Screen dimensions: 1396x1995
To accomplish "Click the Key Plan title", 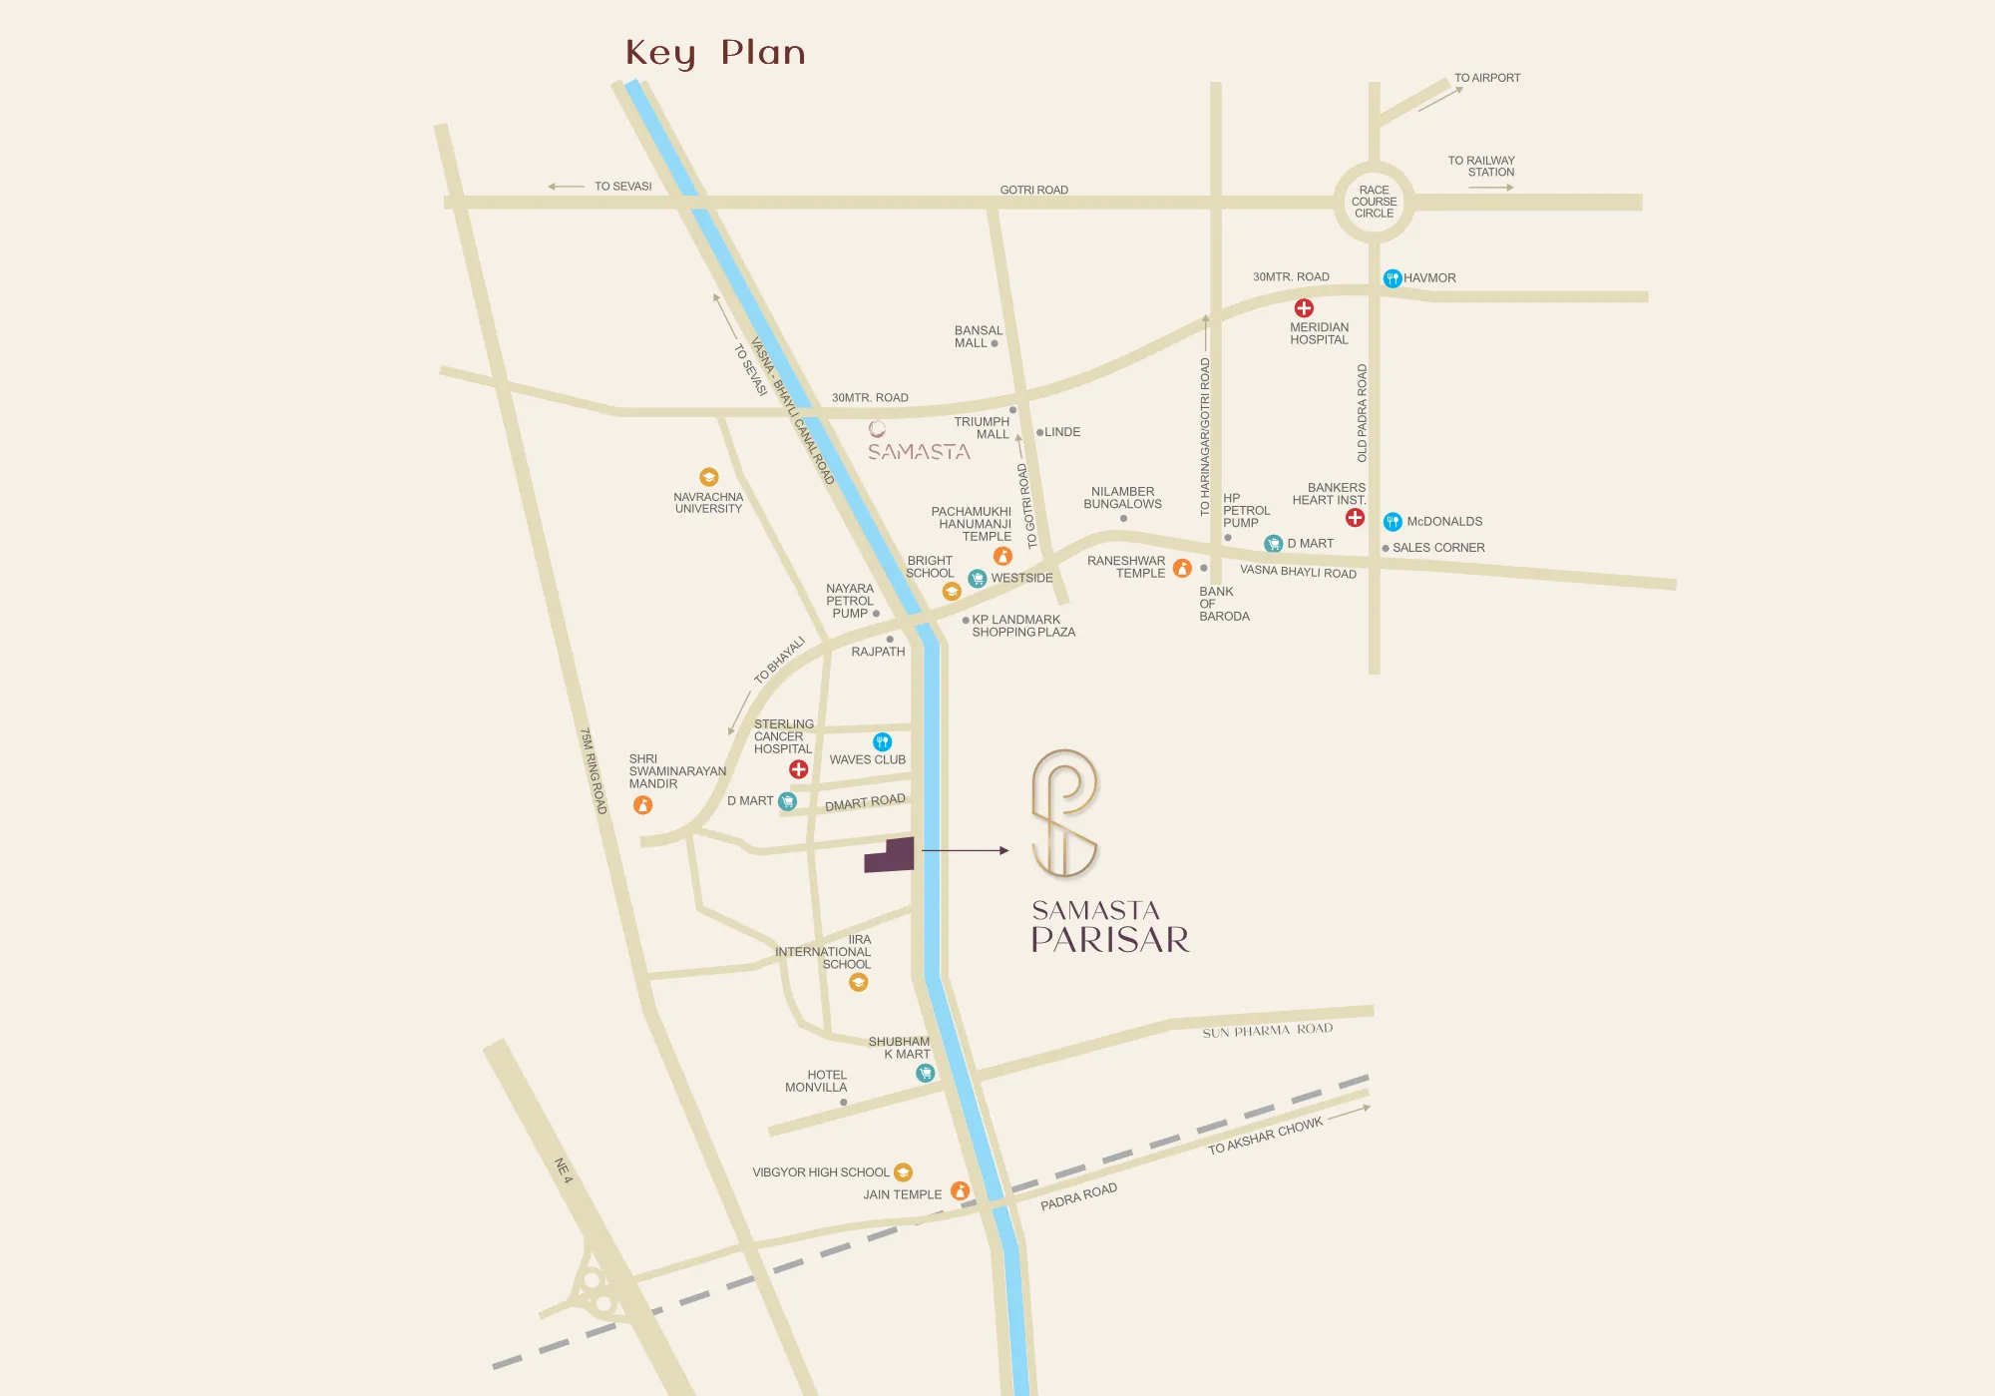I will pos(715,53).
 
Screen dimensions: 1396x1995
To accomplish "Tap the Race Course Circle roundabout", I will pos(1374,202).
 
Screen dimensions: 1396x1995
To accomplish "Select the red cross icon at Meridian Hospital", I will pos(1304,308).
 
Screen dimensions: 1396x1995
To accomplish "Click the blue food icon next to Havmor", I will pos(1393,278).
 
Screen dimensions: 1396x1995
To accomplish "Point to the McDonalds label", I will pos(1444,522).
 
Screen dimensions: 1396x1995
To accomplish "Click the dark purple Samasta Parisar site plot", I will pos(891,856).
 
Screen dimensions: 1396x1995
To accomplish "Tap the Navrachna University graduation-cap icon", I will pos(708,477).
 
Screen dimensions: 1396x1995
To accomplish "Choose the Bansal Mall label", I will pos(978,337).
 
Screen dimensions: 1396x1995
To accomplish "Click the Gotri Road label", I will pos(1033,190).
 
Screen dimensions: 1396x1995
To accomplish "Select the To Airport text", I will pos(1486,78).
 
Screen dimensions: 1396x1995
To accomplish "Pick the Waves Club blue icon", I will pos(882,741).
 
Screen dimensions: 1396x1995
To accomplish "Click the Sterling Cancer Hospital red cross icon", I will pos(799,769).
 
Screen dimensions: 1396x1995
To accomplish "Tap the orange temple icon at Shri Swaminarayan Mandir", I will pos(643,805).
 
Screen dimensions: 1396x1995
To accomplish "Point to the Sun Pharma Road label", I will pos(1267,1031).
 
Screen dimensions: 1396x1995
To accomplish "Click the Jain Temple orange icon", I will pos(960,1190).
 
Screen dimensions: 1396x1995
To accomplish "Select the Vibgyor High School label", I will pos(820,1172).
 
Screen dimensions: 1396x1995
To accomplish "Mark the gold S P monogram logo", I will pos(1064,813).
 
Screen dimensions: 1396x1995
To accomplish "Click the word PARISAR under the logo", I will pos(1110,940).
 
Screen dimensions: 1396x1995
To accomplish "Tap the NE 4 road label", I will pos(564,1170).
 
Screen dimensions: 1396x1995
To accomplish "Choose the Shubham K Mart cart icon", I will pos(925,1073).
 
